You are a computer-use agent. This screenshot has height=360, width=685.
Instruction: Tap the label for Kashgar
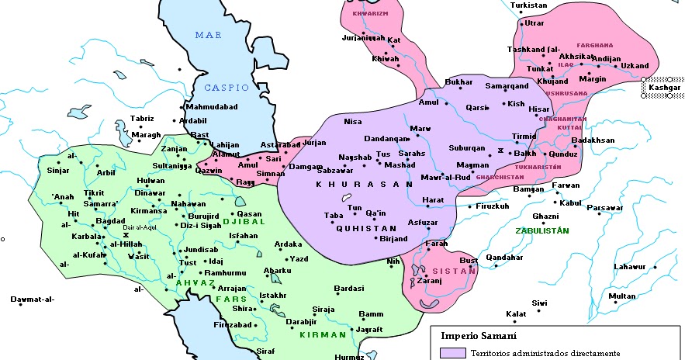tap(664, 88)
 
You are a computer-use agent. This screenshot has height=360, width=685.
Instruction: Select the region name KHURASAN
tap(364, 184)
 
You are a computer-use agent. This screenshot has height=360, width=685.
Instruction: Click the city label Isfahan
tap(243, 235)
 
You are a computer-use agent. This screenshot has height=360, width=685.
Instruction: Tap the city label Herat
tap(432, 200)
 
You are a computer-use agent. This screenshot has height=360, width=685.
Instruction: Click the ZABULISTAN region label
tap(541, 230)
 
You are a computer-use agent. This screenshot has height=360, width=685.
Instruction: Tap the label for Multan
tap(622, 296)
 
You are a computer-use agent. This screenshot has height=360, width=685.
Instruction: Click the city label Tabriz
tap(142, 119)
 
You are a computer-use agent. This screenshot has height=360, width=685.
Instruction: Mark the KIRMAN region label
tap(322, 334)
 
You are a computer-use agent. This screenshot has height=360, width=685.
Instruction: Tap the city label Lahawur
tap(629, 267)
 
